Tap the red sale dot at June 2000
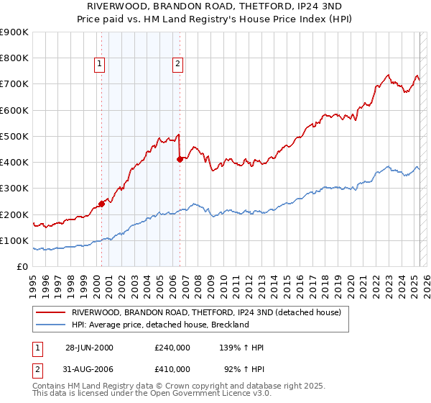click(x=101, y=204)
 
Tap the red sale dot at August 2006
click(x=179, y=160)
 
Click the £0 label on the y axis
click(x=22, y=266)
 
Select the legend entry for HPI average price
click(x=159, y=325)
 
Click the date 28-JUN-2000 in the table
click(x=89, y=348)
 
